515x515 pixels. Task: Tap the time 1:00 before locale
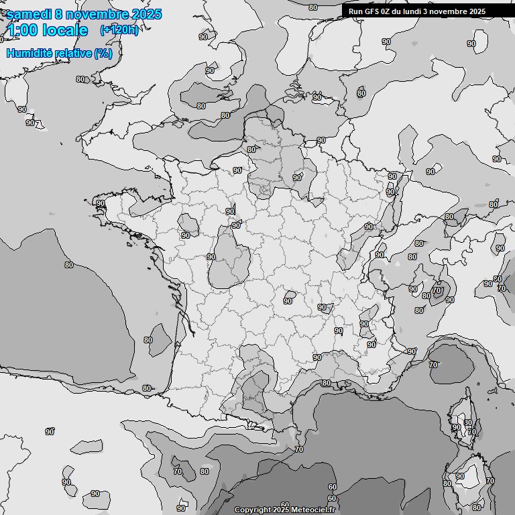[x=22, y=30]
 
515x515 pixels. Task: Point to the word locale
[x=64, y=30]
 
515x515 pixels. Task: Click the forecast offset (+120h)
[x=119, y=30]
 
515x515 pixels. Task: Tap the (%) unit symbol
[x=103, y=53]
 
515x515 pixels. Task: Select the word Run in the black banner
[x=355, y=11]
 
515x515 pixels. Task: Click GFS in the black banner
[x=372, y=11]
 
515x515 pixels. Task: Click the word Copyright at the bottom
[x=252, y=510]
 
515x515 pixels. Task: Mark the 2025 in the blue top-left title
[x=141, y=14]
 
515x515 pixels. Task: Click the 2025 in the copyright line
[x=281, y=510]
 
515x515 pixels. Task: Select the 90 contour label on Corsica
[x=457, y=427]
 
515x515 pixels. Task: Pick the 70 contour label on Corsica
[x=472, y=433]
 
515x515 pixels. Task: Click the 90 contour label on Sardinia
[x=460, y=477]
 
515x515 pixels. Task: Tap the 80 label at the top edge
[x=313, y=7]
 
